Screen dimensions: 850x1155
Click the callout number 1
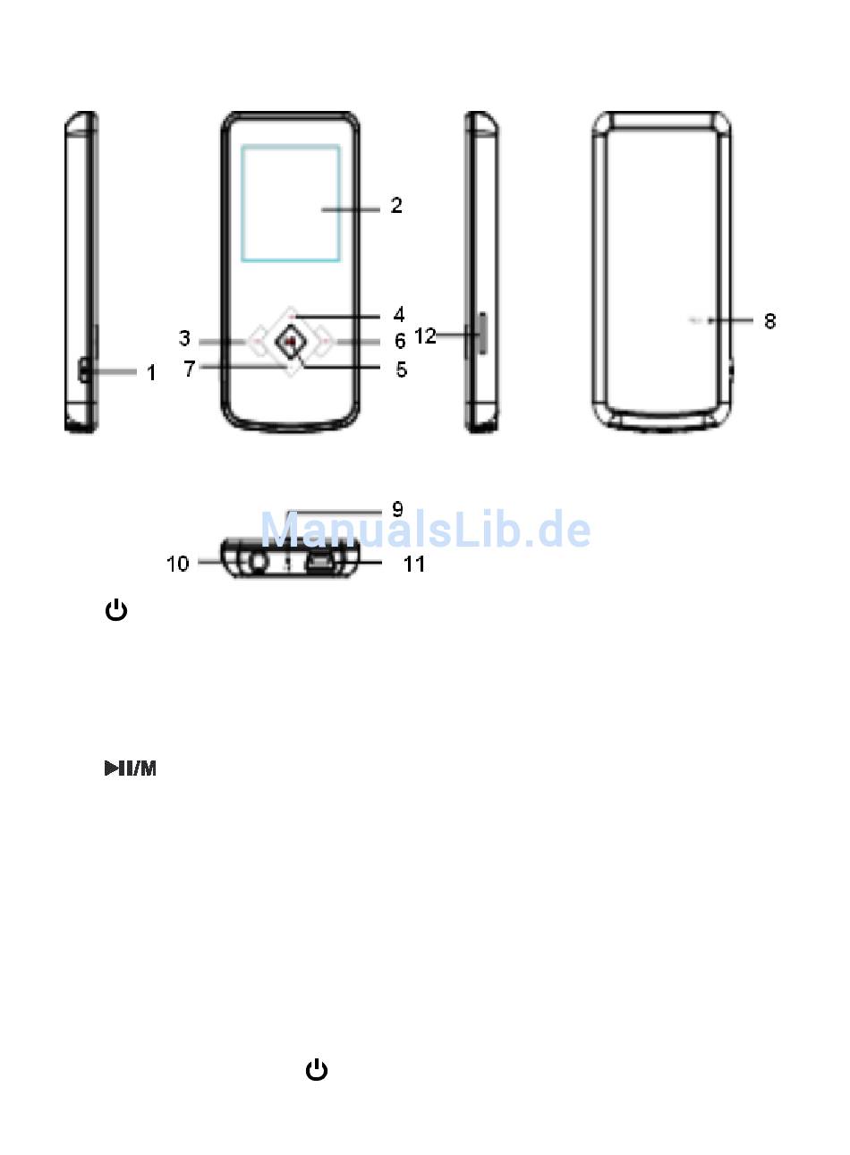click(151, 372)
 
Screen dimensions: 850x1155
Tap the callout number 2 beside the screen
click(396, 205)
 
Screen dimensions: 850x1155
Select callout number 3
click(184, 338)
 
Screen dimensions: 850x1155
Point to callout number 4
click(399, 314)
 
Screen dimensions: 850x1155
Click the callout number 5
click(401, 369)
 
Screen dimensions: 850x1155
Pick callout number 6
click(400, 341)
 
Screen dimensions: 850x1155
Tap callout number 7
click(190, 369)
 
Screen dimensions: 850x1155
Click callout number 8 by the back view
click(769, 320)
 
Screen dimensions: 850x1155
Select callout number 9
click(397, 509)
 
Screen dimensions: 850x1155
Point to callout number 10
click(178, 564)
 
